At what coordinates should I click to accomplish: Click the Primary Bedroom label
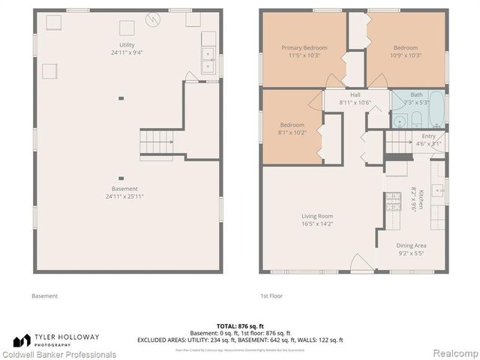(x=304, y=47)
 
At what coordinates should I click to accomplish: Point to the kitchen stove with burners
(x=393, y=200)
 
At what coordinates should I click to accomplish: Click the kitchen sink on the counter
(x=440, y=184)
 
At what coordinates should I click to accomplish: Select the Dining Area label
(x=411, y=244)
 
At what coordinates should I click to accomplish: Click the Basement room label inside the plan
(x=125, y=189)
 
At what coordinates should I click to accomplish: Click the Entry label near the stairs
(x=428, y=136)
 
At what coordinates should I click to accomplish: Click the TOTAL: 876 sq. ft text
(x=240, y=325)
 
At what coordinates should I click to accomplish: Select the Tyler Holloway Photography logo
(x=67, y=339)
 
